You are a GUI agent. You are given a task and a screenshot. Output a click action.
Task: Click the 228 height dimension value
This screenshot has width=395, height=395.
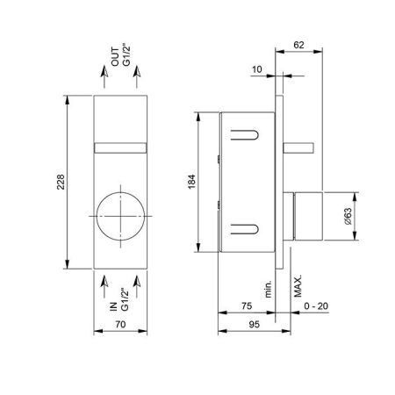coord(61,182)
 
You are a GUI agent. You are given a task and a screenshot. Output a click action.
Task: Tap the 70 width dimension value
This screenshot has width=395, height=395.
coord(120,324)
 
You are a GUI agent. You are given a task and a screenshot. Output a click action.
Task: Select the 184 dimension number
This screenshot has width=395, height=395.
coord(191,182)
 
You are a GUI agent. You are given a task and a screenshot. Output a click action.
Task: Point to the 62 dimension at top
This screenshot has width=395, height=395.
coord(298,45)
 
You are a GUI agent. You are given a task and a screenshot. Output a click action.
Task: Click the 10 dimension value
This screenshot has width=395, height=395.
coord(257,69)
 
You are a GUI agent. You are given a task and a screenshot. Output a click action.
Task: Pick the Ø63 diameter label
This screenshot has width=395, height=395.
coord(348,216)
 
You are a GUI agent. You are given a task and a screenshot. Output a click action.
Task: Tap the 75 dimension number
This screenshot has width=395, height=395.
coord(247,306)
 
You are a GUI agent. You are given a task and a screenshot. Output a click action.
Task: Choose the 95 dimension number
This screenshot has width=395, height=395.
coord(254,325)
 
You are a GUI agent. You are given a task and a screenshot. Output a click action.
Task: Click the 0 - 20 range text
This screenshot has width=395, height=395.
coord(316,306)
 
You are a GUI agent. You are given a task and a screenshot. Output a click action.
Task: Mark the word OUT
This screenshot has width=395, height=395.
coord(115,57)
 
